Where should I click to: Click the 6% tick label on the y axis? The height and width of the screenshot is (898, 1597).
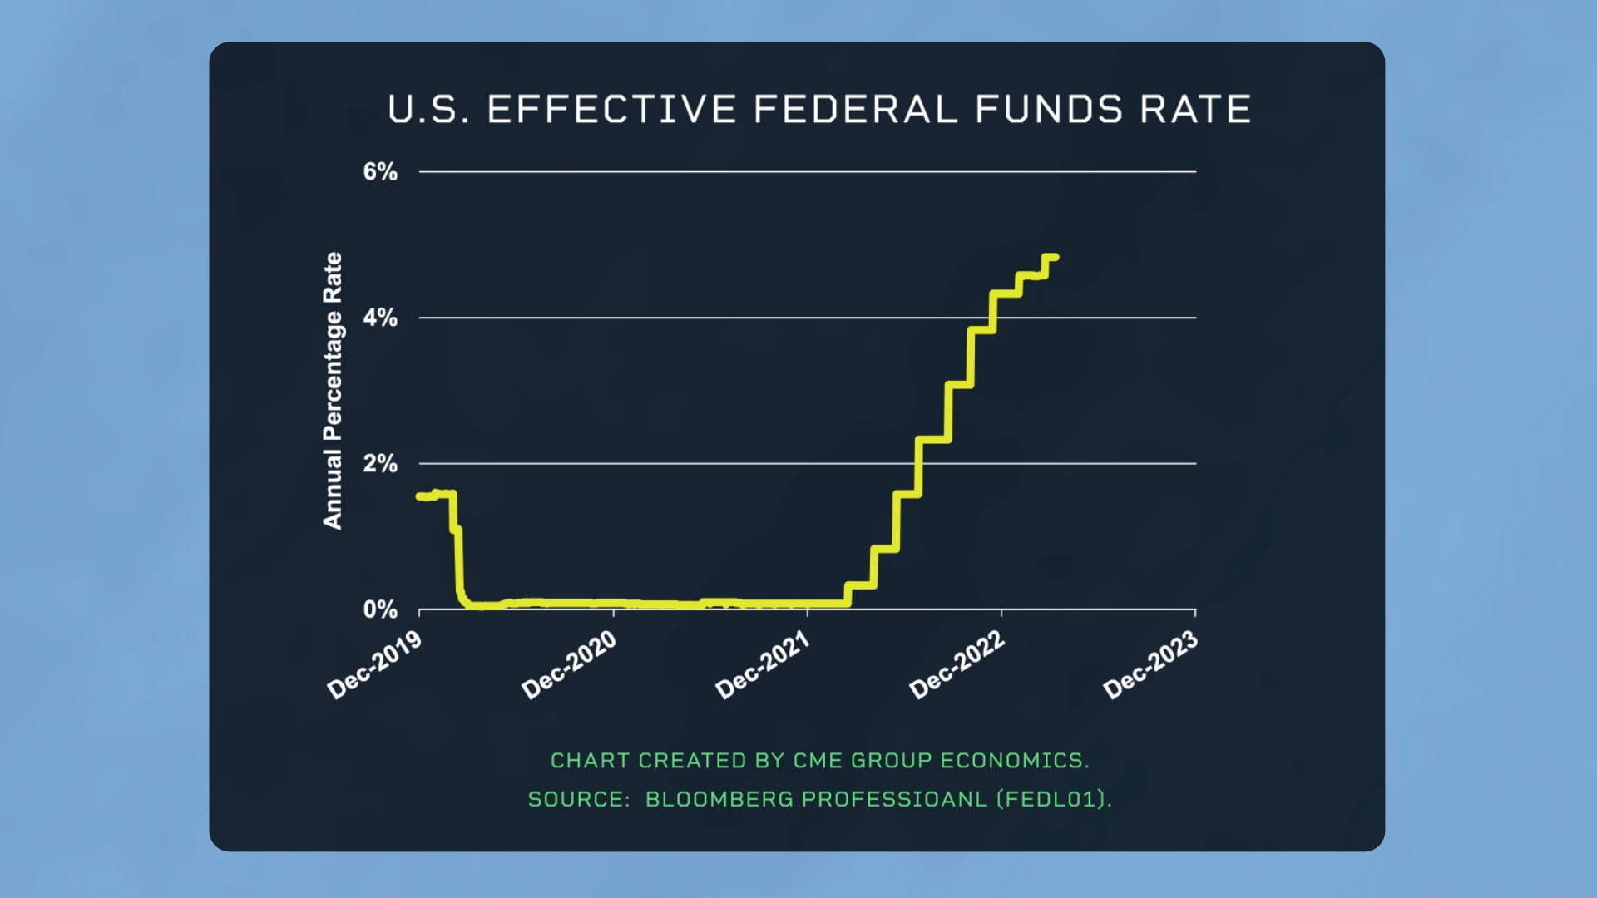click(379, 172)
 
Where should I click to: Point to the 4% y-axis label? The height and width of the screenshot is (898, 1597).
click(379, 318)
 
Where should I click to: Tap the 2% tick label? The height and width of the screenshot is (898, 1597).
click(379, 464)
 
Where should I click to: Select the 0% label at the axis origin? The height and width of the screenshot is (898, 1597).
click(379, 610)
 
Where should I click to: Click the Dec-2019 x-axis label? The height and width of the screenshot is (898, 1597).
click(375, 664)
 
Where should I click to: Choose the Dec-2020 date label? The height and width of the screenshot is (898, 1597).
click(569, 664)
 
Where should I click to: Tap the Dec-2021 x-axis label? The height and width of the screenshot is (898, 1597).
click(763, 664)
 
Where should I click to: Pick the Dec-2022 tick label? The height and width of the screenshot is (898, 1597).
click(957, 664)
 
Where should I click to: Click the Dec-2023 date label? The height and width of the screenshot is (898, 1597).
click(1150, 664)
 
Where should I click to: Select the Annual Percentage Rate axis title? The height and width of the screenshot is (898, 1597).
click(333, 390)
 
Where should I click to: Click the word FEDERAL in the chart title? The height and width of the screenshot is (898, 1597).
click(855, 110)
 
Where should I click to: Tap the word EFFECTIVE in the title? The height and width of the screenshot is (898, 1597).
click(611, 110)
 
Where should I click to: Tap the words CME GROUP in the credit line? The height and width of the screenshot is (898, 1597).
click(862, 761)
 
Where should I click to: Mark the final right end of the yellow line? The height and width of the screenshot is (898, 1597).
click(1056, 257)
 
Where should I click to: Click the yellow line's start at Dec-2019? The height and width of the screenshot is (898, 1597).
click(419, 496)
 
